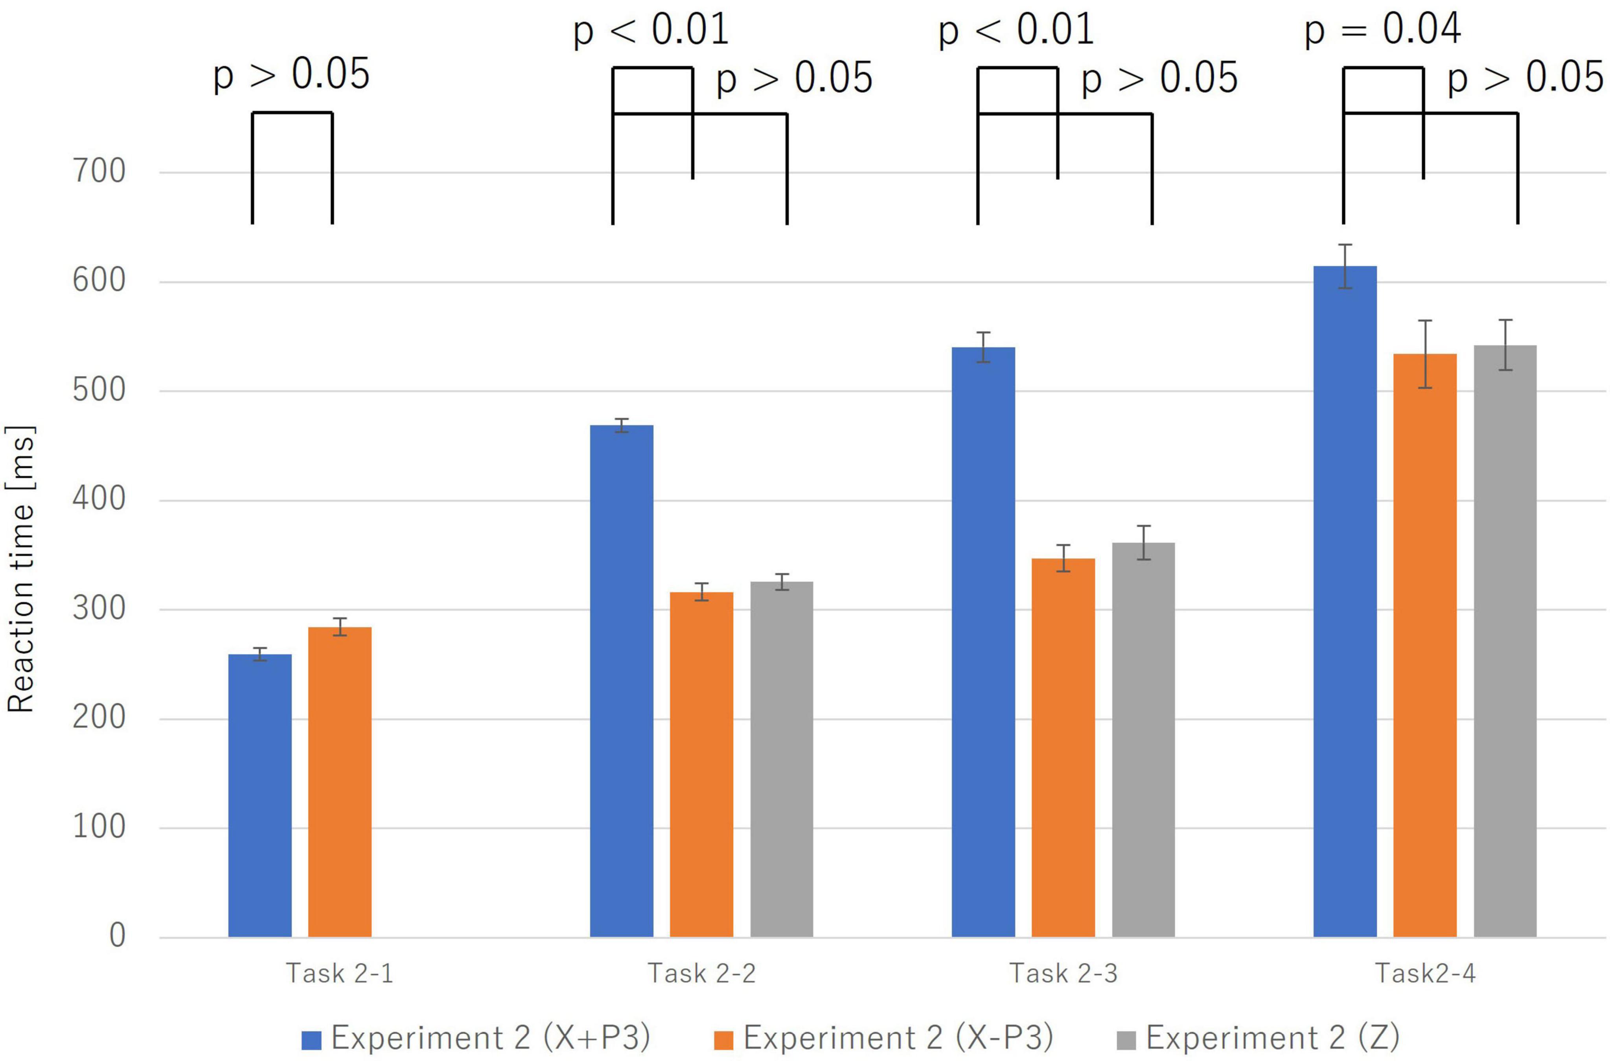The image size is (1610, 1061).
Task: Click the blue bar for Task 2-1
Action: (260, 795)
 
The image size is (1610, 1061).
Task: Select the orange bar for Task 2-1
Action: (340, 781)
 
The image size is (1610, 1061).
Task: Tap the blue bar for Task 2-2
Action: (621, 680)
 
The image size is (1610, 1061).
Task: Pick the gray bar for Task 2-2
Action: (782, 758)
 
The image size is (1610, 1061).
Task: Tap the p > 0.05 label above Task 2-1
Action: (292, 74)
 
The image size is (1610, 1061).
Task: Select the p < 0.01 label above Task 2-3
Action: (1016, 30)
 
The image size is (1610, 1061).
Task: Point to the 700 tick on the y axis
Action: (99, 172)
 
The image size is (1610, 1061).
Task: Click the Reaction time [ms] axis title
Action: (20, 568)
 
